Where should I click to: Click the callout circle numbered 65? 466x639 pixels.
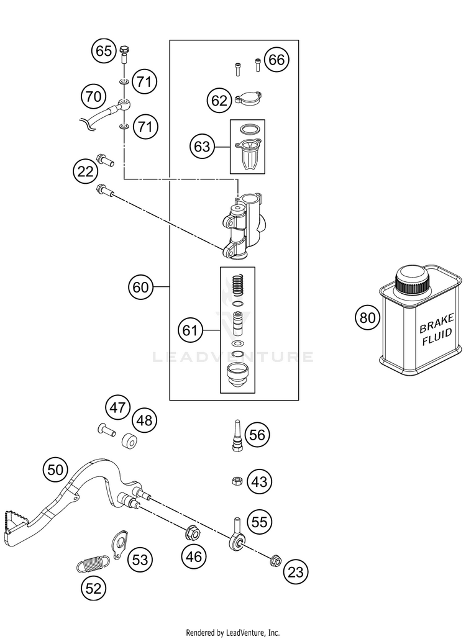(103, 51)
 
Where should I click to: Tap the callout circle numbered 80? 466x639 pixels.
(367, 317)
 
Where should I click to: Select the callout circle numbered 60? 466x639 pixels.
(140, 288)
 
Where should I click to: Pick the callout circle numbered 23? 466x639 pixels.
(296, 572)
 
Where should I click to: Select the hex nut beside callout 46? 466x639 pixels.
(192, 533)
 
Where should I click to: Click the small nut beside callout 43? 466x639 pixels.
(235, 481)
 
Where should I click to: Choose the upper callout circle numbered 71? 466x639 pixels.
(144, 82)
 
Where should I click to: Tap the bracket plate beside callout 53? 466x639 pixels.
(119, 545)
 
